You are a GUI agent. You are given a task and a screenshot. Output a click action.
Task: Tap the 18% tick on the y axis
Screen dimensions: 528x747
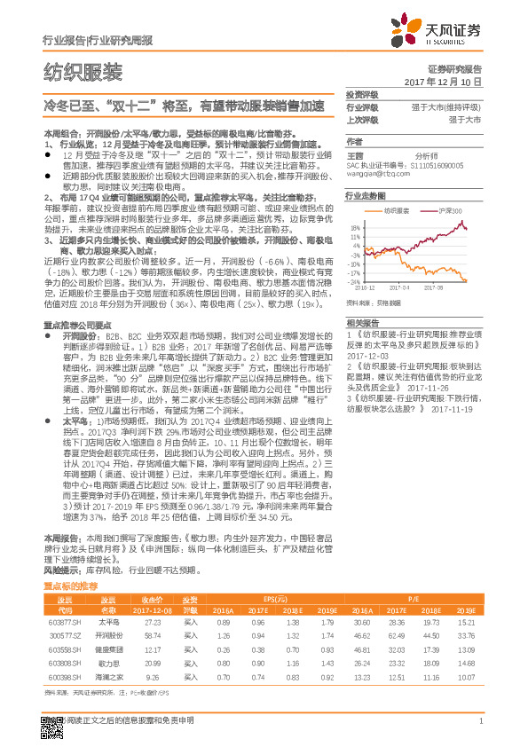pos(355,226)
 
